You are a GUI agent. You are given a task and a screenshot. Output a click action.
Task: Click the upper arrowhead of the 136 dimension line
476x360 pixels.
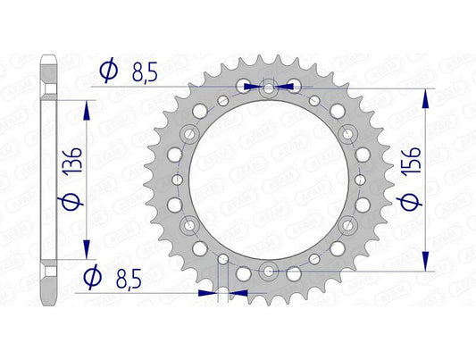click(x=86, y=107)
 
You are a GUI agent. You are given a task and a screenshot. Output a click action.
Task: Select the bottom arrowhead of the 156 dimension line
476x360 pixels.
click(x=427, y=264)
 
